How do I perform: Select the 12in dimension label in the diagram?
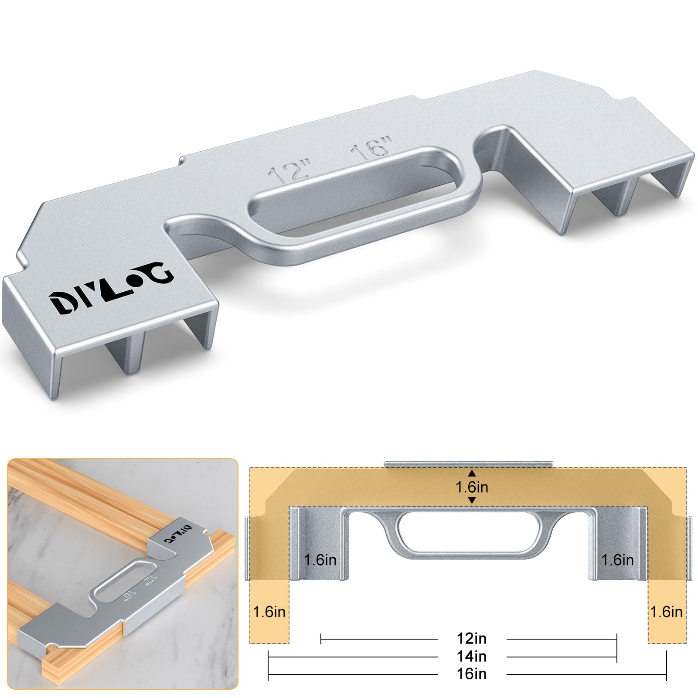point(471,639)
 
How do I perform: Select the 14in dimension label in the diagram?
point(471,656)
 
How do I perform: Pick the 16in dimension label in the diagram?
point(471,674)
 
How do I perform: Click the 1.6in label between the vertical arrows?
point(472,487)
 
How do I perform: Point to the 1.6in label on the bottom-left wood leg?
point(269,612)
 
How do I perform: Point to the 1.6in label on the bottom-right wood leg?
point(666,612)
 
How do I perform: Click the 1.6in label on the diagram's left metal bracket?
point(320,560)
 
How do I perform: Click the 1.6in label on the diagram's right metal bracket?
point(617,560)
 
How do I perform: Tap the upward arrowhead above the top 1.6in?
point(472,473)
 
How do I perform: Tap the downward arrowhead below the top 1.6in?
point(472,501)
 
